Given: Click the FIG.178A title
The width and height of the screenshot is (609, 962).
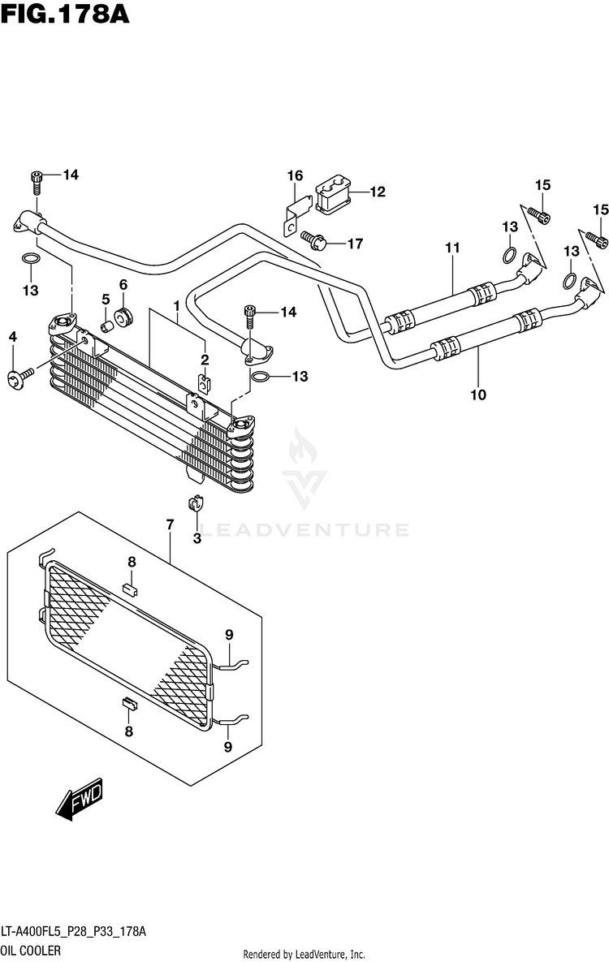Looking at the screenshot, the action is [x=65, y=14].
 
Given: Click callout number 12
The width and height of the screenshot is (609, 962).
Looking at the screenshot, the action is [x=377, y=192].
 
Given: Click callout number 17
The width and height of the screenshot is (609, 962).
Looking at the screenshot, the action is [x=355, y=244].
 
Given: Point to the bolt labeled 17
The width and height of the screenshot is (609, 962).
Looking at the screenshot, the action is [x=313, y=239].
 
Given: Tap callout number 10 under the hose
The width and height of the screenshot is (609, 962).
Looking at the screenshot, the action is [x=478, y=395].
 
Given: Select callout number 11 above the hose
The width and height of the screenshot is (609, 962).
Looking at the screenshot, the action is [x=452, y=248].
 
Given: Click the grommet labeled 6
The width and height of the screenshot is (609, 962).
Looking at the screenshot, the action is [x=123, y=317].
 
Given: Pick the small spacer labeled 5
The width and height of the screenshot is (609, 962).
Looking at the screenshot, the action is [x=107, y=325].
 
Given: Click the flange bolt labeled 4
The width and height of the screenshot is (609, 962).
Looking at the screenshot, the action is [x=21, y=378].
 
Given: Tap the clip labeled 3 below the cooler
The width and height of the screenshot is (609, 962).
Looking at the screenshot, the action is [x=196, y=503].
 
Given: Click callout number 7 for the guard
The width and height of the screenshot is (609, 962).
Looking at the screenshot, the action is [x=170, y=525].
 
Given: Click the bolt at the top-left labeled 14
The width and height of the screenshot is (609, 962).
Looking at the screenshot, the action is [x=37, y=183].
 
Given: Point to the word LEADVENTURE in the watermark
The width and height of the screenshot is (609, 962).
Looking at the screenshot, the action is [x=305, y=529].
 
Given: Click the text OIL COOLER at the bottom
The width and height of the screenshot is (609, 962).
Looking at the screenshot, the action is [x=31, y=951].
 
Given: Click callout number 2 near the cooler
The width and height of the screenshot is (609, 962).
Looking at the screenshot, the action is [x=205, y=360].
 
